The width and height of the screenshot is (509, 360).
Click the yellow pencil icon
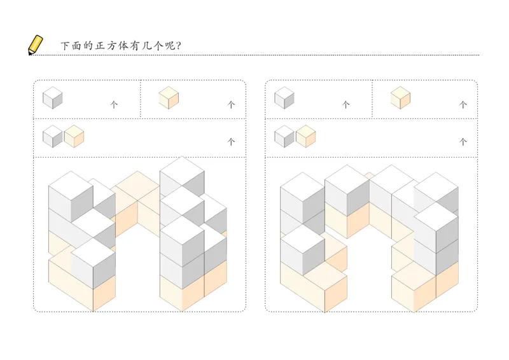click(36, 45)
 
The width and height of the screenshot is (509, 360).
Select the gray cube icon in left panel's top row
click(53, 98)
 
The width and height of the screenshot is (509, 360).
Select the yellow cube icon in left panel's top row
click(169, 98)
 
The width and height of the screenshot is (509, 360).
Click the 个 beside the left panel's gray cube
click(115, 105)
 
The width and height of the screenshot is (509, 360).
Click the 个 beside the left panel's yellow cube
click(231, 105)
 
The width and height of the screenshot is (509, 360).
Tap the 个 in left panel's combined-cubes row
click(231, 142)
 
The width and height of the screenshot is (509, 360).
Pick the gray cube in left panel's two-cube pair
click(53, 136)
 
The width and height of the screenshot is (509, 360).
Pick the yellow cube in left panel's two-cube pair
click(74, 136)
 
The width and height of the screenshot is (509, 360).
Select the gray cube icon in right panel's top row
click(284, 98)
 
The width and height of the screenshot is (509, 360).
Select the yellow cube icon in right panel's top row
click(400, 98)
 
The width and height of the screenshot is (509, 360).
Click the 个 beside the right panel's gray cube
click(346, 105)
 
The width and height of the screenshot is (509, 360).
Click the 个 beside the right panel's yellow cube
click(463, 105)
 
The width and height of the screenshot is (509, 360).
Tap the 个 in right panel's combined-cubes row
click(463, 142)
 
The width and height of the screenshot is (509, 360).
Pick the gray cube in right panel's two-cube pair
click(284, 136)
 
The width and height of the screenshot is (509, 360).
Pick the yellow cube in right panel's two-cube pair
click(305, 136)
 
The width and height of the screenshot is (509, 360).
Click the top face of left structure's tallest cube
click(182, 167)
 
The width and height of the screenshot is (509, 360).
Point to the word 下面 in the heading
click(71, 46)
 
